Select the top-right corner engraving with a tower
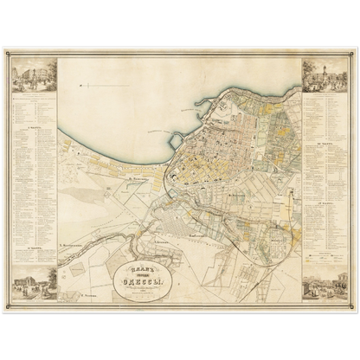coord(324,76)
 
